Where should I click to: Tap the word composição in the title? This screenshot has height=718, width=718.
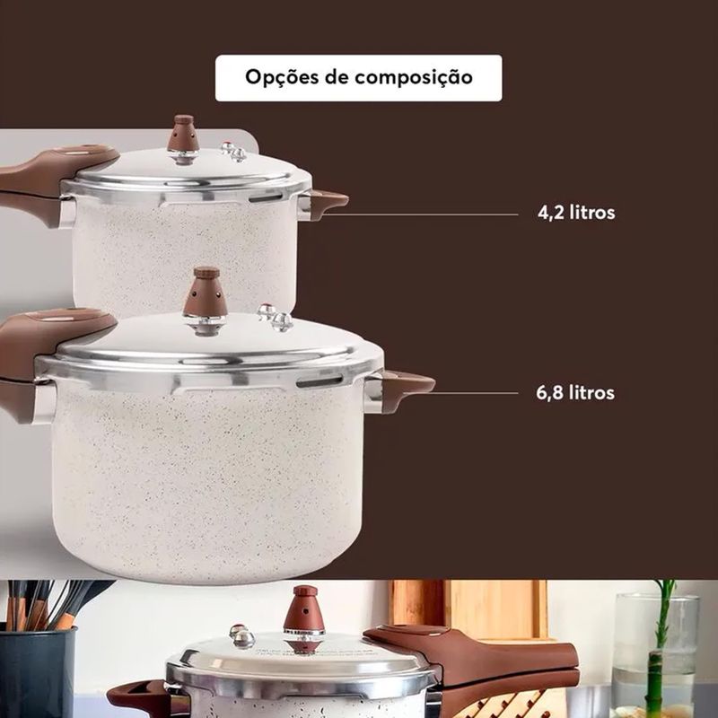tap(414, 77)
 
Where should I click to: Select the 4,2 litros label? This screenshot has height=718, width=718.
tap(576, 213)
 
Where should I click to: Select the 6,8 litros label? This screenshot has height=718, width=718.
tap(575, 393)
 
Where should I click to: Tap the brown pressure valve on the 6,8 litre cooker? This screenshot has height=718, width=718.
tap(206, 293)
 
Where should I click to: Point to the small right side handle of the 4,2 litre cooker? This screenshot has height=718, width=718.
tap(327, 204)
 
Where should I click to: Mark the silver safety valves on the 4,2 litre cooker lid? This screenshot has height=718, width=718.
tap(233, 152)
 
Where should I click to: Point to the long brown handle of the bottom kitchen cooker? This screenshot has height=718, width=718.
tap(477, 660)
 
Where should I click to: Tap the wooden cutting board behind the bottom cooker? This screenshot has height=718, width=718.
tap(472, 609)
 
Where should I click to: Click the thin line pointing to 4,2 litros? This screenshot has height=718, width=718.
tap(420, 215)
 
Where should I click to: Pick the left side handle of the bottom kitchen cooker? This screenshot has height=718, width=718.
tap(137, 698)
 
